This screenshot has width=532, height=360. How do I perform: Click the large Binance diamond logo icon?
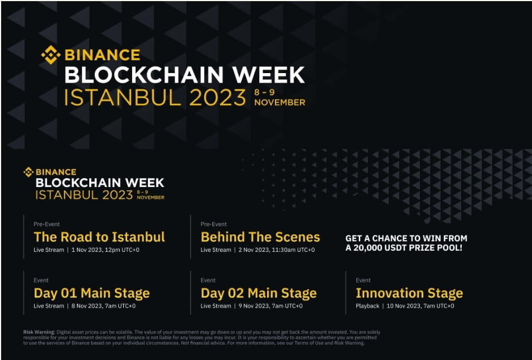pos(51,55)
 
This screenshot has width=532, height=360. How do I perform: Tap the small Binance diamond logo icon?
pos(28,172)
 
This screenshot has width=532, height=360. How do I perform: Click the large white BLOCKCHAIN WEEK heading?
pos(184,75)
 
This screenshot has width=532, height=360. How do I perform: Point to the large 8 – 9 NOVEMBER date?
pos(279,98)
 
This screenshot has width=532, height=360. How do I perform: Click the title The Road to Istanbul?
pos(99,237)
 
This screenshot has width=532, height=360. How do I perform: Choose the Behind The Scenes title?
pos(260,237)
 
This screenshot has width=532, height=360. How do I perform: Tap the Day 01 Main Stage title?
pos(91,293)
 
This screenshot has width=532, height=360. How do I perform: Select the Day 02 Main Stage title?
pos(258,293)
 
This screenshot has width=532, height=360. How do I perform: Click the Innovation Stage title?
pos(409,293)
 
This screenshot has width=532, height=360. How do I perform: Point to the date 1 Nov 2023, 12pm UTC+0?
pos(105,249)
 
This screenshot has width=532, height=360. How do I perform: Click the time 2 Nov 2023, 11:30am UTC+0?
pos(276,249)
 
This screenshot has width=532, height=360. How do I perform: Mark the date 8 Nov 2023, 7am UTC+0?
pos(103,306)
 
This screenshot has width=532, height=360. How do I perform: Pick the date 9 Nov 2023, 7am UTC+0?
pos(270,306)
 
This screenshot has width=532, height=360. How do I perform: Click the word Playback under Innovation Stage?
pos(367,306)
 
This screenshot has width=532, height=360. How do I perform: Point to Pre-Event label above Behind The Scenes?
pos(214,224)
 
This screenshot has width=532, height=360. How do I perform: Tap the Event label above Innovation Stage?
pos(363,280)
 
